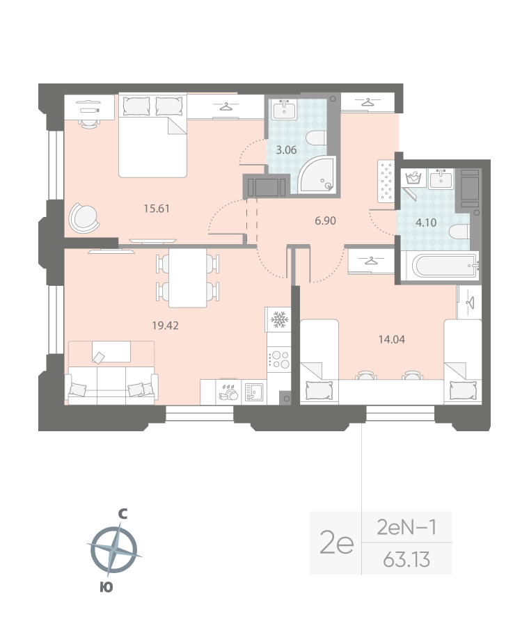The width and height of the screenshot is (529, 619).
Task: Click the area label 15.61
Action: click(157, 208)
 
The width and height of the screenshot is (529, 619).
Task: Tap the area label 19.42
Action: click(166, 324)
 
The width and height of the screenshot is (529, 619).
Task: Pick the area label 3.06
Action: click(287, 149)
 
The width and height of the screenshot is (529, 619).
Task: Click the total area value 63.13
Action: click(406, 558)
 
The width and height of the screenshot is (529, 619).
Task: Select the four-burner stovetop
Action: click(279, 359)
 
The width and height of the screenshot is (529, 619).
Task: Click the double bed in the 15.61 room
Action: click(153, 136)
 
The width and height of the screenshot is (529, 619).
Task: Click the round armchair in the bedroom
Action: click(84, 218)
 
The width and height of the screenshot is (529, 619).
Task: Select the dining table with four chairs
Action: click(188, 277)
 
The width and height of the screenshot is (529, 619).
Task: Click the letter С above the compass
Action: click(123, 514)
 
